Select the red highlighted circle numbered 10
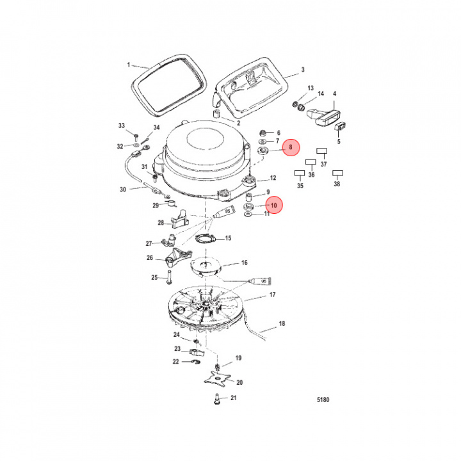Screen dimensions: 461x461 (x=273, y=206)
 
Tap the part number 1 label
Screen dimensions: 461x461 (x=128, y=65)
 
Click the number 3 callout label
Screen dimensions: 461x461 (x=303, y=70)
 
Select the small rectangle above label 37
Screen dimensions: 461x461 (x=322, y=152)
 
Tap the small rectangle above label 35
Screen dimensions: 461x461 (x=299, y=173)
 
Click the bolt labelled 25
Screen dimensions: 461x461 (x=168, y=279)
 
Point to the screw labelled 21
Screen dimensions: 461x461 (x=215, y=400)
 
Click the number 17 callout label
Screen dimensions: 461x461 (x=272, y=295)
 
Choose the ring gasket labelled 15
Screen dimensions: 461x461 (x=204, y=239)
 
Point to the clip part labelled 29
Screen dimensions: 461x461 (x=170, y=204)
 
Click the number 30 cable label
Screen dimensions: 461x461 (x=123, y=190)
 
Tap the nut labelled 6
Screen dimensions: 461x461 (x=263, y=133)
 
